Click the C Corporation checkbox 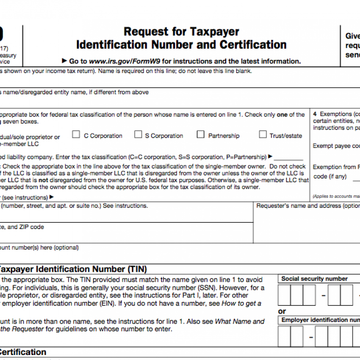(76, 135)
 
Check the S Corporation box (138, 135)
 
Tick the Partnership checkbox (200, 135)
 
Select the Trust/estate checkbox (263, 135)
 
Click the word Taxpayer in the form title (214, 32)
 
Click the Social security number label (314, 279)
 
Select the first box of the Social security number (284, 295)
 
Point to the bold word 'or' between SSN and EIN (282, 311)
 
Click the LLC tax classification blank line (288, 157)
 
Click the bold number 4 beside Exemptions (315, 114)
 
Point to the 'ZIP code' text (32, 227)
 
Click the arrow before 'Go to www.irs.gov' (65, 61)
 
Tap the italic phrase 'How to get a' (241, 303)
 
